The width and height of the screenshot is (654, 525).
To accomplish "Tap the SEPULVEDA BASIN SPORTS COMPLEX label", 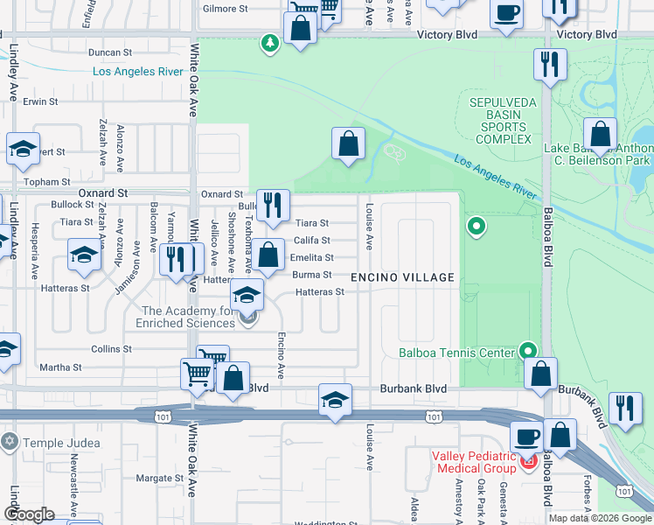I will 501,121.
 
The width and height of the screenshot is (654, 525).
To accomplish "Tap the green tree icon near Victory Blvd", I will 270,42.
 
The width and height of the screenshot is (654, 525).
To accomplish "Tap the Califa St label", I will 311,241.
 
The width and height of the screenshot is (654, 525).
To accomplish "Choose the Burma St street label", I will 311,275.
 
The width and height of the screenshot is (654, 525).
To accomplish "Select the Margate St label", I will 159,479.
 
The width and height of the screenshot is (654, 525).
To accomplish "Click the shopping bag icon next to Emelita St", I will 270,255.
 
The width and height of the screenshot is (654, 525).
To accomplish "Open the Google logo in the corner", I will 29,514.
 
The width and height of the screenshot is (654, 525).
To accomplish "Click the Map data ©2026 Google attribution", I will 599,517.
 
